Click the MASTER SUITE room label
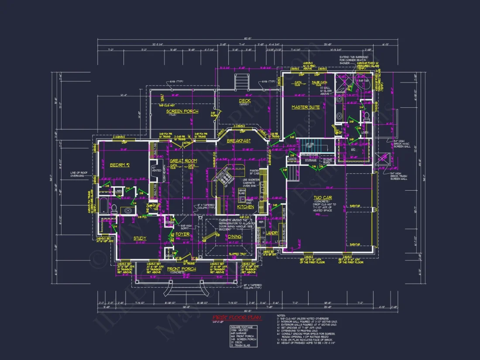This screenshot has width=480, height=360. point(305,107)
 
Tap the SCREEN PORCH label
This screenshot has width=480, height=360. point(182,111)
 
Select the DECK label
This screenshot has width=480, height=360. point(245,101)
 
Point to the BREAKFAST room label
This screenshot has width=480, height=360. point(239,141)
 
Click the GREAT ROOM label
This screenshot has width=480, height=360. point(184,161)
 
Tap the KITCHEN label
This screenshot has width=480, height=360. point(245,207)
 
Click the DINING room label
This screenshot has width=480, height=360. point(235,237)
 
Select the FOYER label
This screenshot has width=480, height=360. point(182,234)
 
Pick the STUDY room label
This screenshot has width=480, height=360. point(140,238)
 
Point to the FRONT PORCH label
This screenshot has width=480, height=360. point(182,269)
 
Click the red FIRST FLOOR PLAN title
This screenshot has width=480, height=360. point(237,318)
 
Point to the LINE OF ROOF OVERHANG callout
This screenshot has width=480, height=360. point(79,174)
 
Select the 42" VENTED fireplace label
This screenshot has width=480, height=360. point(154,169)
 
